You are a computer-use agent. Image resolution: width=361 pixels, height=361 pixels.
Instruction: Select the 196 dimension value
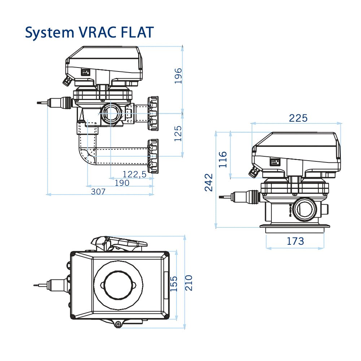[178, 76]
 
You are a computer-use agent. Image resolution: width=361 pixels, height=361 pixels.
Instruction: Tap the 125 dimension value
[178, 133]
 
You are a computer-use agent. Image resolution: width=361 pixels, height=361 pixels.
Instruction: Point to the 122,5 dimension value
[134, 174]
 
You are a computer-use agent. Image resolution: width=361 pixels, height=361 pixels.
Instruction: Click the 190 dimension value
[122, 183]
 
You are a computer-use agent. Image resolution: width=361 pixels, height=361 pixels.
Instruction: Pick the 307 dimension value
[98, 192]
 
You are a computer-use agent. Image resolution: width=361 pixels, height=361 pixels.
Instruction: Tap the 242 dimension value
[209, 182]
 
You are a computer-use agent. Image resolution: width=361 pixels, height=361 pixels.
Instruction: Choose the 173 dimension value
[295, 241]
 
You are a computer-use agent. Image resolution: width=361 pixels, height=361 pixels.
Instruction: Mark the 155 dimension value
[174, 284]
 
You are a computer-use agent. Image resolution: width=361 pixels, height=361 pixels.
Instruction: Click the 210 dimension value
[189, 283]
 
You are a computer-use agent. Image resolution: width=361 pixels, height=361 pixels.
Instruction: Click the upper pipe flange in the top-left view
[153, 113]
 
